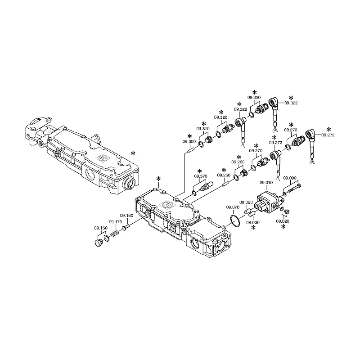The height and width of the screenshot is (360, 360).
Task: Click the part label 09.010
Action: (266, 183)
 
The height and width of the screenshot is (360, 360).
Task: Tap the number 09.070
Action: (233, 207)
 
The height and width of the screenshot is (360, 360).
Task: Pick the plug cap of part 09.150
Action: (99, 243)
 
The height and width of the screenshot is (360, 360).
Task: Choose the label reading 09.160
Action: (126, 216)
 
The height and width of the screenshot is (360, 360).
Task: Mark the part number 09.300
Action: (189, 142)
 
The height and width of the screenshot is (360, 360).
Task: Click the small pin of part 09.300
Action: (191, 150)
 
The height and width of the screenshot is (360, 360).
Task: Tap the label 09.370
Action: (201, 176)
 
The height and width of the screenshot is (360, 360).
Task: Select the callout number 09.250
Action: (224, 175)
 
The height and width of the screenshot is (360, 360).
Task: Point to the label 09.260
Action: (238, 162)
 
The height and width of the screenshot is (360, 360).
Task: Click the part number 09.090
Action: (290, 178)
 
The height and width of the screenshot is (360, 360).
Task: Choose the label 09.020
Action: (283, 221)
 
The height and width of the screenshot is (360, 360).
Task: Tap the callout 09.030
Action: (253, 222)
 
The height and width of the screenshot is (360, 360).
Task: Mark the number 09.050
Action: (246, 202)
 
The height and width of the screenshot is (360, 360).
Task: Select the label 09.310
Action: (203, 129)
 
